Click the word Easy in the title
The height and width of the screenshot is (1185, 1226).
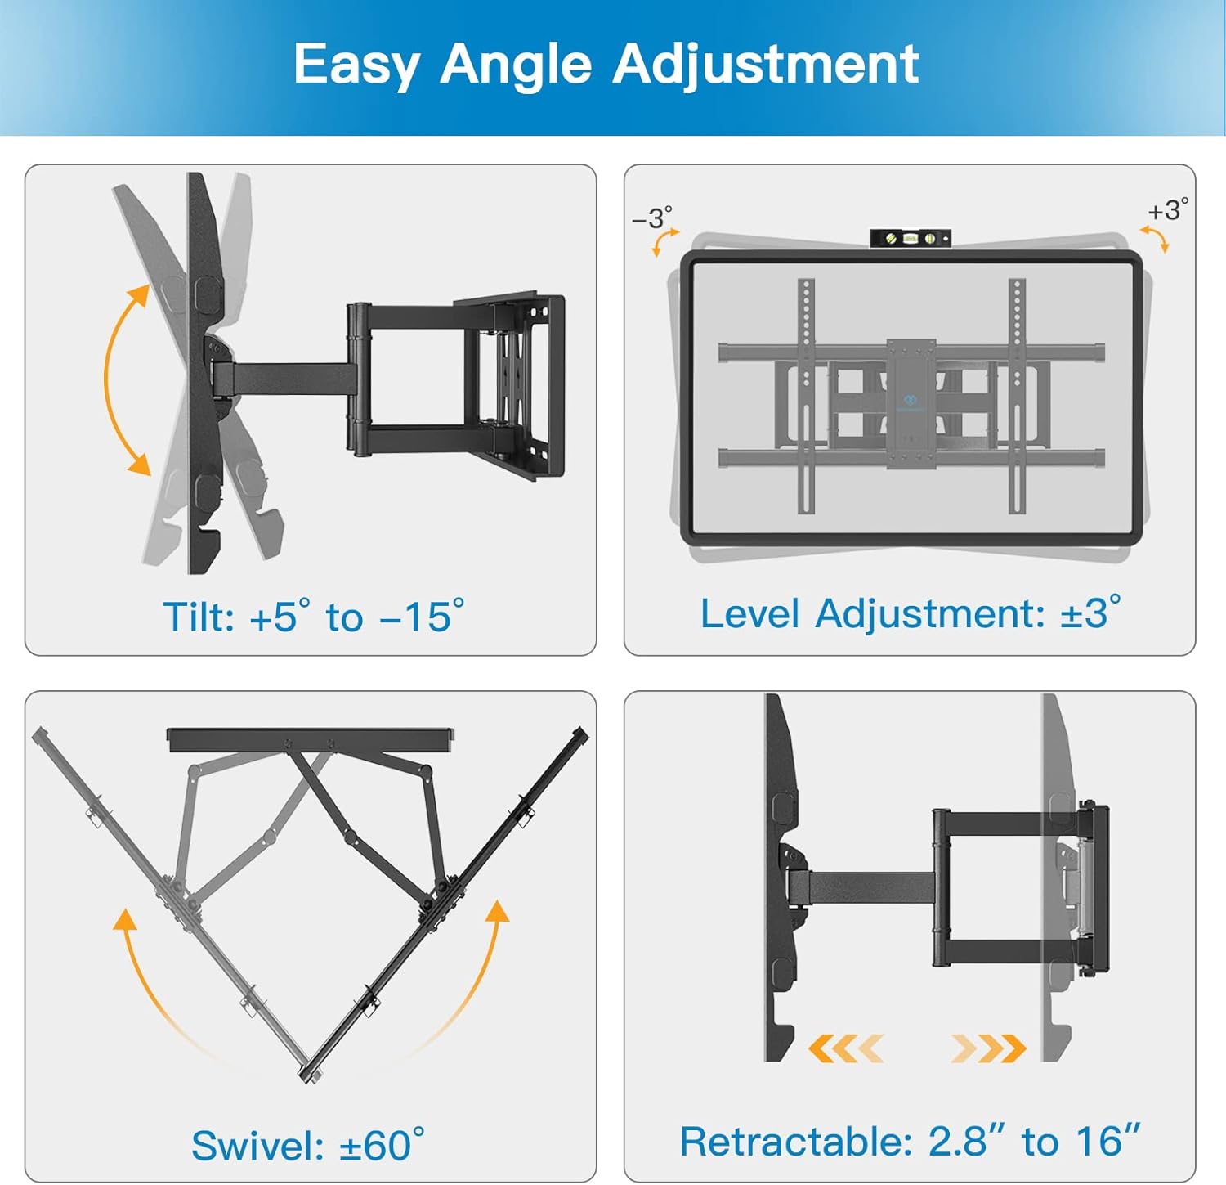pyautogui.click(x=356, y=65)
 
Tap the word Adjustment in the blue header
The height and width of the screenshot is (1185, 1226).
pyautogui.click(x=766, y=64)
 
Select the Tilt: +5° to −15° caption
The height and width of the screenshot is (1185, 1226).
pyautogui.click(x=313, y=617)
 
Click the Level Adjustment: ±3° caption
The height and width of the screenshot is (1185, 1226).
pyautogui.click(x=910, y=613)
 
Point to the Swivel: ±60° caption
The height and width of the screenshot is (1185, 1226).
pyautogui.click(x=308, y=1145)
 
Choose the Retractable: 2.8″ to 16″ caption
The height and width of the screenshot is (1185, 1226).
pyautogui.click(x=910, y=1141)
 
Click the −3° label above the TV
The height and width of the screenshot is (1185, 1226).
pyautogui.click(x=651, y=218)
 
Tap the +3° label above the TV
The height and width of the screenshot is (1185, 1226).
pyautogui.click(x=1167, y=210)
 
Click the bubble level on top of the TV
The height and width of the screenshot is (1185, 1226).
pyautogui.click(x=910, y=238)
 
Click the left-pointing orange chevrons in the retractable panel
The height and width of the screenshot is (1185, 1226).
pyautogui.click(x=845, y=1048)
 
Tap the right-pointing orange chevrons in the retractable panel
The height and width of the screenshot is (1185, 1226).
pyautogui.click(x=988, y=1048)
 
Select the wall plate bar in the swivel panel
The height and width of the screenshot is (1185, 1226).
pyautogui.click(x=310, y=739)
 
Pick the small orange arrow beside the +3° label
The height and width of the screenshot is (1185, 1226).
pyautogui.click(x=1156, y=239)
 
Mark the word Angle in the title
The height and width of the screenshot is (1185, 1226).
pyautogui.click(x=516, y=65)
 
